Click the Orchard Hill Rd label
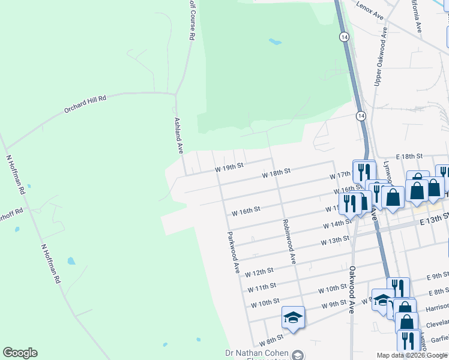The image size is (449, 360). point(85,104)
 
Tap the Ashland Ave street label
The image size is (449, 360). point(178,135)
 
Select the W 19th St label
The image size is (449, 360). point(229,166)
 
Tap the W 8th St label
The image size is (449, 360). point(271,340)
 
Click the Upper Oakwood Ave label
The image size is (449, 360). point(378,64)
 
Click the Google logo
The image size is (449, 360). point(20,353)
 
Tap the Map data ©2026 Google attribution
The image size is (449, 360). point(412,355)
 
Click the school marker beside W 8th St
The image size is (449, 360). point(293,318)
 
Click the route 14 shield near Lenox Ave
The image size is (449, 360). point(343,37)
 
